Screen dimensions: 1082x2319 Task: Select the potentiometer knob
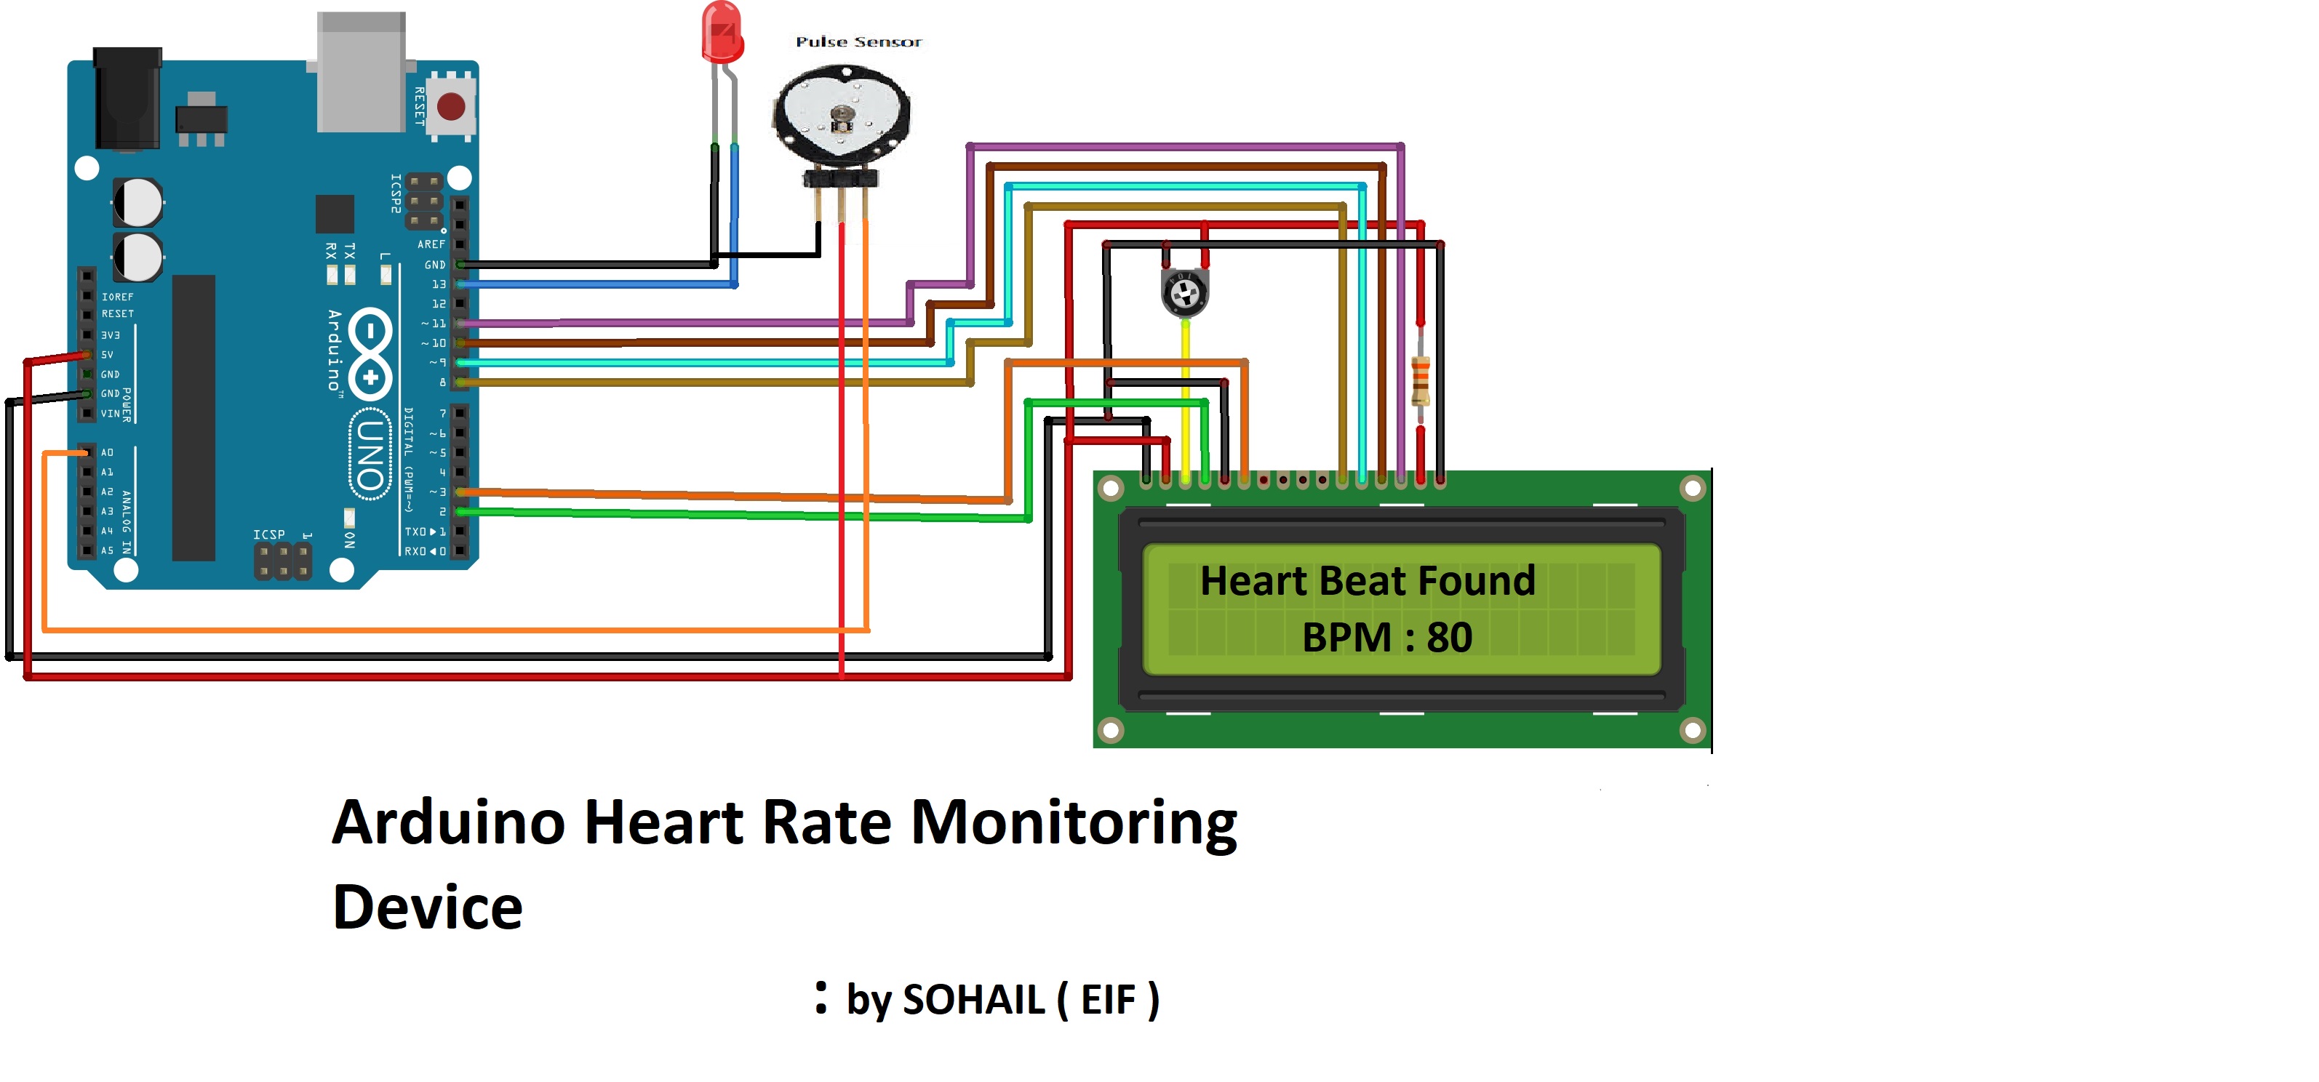[1185, 291]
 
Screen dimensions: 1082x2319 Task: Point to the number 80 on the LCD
[1449, 637]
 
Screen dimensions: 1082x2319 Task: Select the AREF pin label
[431, 244]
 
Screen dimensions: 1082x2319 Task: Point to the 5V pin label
[107, 355]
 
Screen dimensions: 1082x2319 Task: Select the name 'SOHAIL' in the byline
[973, 1000]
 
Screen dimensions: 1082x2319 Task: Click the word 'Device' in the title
[428, 907]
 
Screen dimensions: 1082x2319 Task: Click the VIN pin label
[110, 413]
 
